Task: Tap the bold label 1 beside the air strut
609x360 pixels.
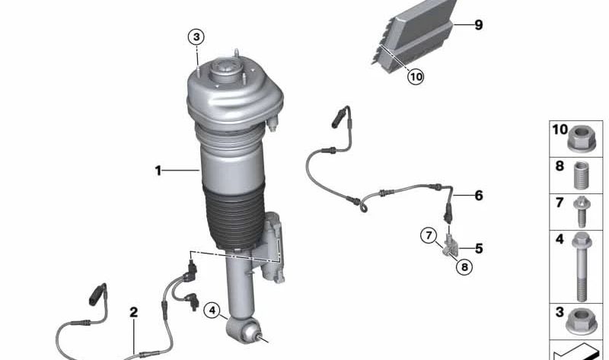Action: click(158, 171)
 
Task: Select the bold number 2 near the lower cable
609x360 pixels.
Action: click(133, 312)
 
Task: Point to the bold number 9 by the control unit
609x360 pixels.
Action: click(479, 25)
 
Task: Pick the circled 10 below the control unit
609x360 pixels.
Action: click(415, 76)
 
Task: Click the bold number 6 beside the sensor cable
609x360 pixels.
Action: click(479, 196)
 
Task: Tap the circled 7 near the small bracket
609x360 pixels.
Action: click(429, 235)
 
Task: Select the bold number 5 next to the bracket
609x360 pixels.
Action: click(479, 248)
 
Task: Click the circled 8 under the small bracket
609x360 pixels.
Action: click(464, 267)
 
